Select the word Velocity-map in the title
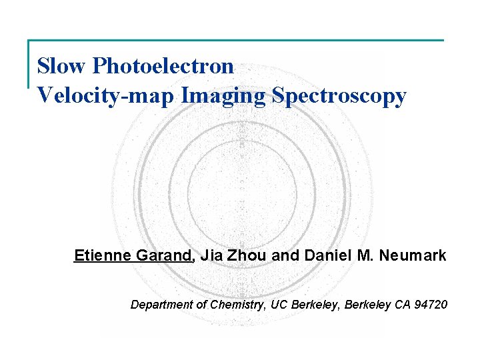(106, 95)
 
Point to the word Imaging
(224, 96)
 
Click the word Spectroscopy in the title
(339, 96)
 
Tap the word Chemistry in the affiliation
(237, 305)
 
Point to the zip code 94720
(431, 305)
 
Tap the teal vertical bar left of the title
(29, 64)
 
